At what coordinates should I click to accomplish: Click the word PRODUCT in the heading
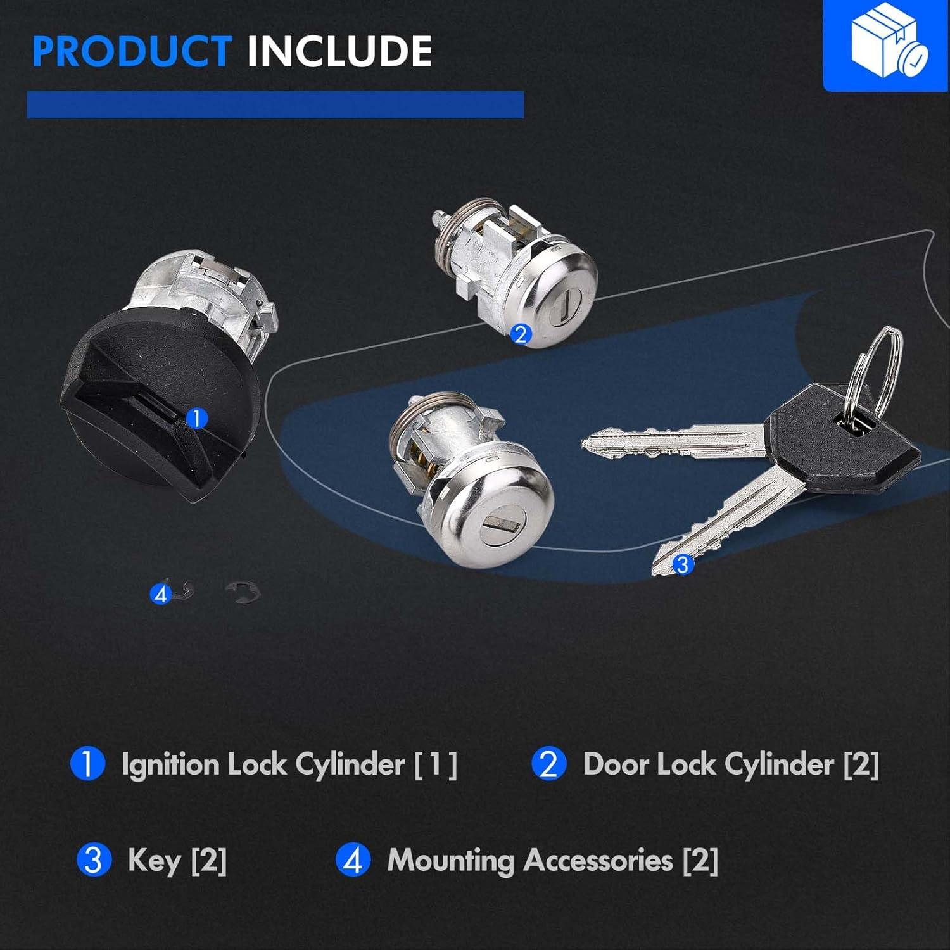(x=131, y=51)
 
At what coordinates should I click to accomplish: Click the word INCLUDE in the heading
(x=339, y=51)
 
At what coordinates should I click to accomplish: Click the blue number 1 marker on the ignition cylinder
(x=198, y=419)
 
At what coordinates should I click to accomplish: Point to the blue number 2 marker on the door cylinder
(x=521, y=334)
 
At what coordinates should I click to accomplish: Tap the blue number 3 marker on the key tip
(x=682, y=564)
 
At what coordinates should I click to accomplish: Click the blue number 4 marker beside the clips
(x=160, y=595)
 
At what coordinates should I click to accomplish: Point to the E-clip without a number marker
(x=243, y=592)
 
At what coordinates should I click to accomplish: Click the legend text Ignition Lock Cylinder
(x=263, y=764)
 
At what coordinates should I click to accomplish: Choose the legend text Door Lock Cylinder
(x=708, y=764)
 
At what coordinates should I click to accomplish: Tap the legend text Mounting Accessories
(x=530, y=860)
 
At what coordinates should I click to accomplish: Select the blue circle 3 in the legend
(x=94, y=860)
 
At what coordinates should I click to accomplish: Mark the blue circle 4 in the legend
(x=353, y=860)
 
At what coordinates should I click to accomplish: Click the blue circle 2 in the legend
(x=548, y=764)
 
